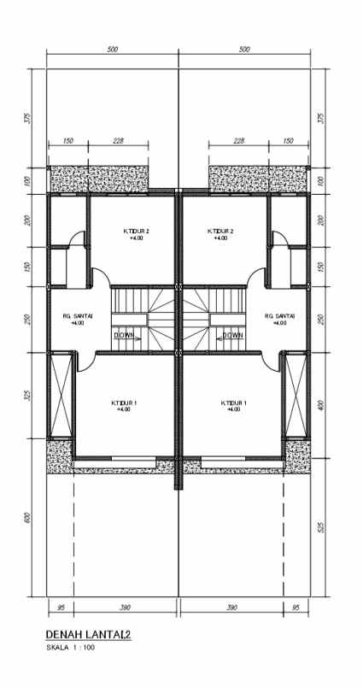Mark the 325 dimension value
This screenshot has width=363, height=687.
tap(28, 396)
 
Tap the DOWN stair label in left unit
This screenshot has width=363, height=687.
tap(126, 336)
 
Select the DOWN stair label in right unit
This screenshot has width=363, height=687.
tap(232, 336)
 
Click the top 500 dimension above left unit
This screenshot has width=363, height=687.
tap(113, 50)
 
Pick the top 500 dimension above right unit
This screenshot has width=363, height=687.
tap(245, 50)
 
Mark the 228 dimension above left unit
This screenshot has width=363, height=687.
tap(118, 142)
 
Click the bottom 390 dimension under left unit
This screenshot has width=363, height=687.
tap(124, 607)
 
